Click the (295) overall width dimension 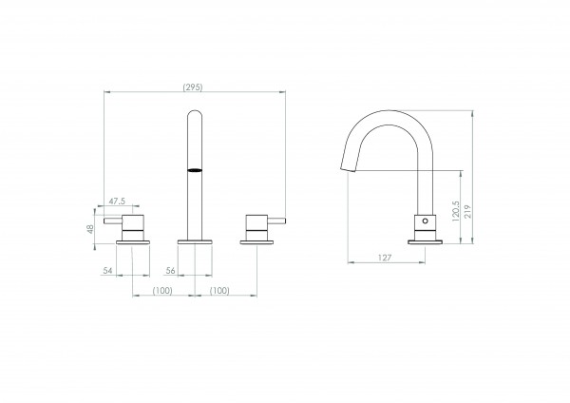click(x=193, y=87)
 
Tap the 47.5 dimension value click(x=117, y=201)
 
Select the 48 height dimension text click(x=90, y=229)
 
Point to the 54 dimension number click(x=107, y=271)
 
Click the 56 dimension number click(x=170, y=271)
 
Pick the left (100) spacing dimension click(x=162, y=291)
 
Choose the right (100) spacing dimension click(x=219, y=291)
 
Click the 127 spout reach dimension click(x=385, y=258)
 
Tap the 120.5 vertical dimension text click(x=456, y=212)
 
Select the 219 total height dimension click(x=467, y=212)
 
